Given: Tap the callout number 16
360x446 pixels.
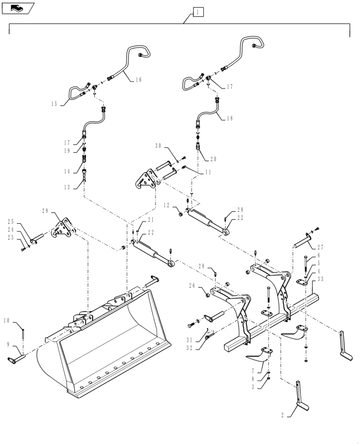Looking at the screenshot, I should click(x=138, y=79).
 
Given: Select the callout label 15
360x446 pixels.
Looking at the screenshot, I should click(x=54, y=104).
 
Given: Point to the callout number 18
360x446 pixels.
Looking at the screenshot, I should click(x=229, y=118).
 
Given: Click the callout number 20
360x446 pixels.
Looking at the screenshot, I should click(x=213, y=159).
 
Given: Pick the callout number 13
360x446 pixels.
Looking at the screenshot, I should click(x=67, y=187).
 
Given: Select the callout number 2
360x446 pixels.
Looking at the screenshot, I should click(x=284, y=415).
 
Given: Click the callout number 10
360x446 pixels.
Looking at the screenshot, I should click(x=8, y=320).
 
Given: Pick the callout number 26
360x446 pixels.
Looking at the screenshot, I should click(x=192, y=285).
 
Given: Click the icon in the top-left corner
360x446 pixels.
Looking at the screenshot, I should click(x=18, y=8).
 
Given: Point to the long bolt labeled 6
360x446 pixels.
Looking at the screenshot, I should click(x=306, y=267).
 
